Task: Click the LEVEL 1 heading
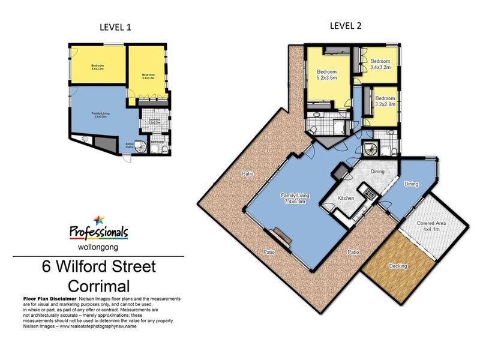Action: (x=114, y=27)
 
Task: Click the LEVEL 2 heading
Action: (x=345, y=25)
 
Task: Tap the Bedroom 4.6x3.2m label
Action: (x=98, y=67)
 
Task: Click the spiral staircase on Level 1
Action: (x=139, y=146)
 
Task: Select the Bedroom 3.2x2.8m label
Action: (x=385, y=101)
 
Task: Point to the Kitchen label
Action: (x=345, y=198)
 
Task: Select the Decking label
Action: (x=398, y=265)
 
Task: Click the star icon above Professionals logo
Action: (x=98, y=220)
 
